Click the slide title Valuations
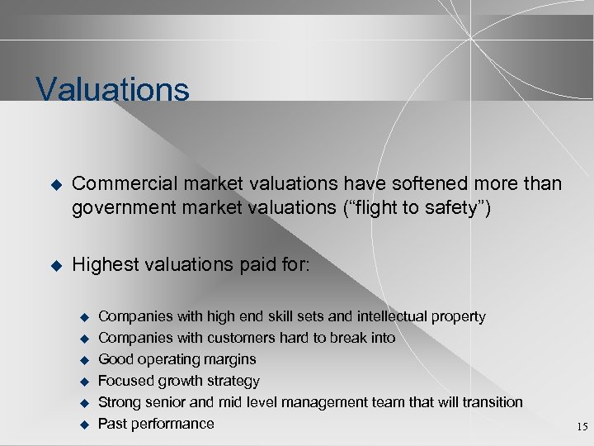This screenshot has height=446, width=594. tap(112, 89)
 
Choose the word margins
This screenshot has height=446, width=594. tap(229, 360)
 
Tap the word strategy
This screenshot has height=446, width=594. tap(233, 382)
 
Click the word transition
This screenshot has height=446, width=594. tap(490, 402)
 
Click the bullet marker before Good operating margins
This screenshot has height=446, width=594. tap(82, 360)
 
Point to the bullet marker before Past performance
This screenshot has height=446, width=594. tap(82, 425)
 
